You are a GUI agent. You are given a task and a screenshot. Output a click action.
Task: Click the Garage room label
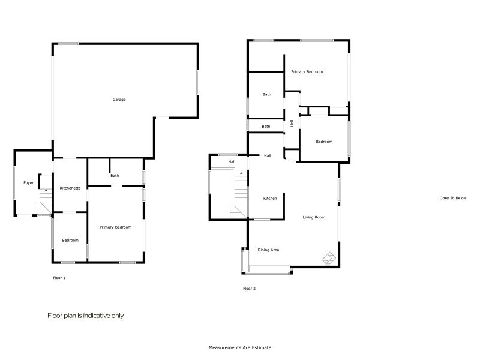click(119, 100)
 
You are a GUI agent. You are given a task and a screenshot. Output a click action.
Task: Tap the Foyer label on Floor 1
click(28, 183)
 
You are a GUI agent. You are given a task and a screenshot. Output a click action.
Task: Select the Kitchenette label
click(70, 188)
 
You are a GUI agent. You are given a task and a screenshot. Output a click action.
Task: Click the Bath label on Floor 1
click(115, 176)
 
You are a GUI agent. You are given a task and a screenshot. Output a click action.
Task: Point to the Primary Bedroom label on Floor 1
click(115, 227)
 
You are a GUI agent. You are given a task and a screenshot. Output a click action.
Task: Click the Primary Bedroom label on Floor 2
click(307, 72)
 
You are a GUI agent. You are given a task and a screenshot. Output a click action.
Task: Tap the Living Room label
click(314, 217)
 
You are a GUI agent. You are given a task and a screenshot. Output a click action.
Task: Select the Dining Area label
click(268, 250)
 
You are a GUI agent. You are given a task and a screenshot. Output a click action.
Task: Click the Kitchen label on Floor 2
click(270, 198)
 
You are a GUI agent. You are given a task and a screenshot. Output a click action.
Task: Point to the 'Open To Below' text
click(452, 198)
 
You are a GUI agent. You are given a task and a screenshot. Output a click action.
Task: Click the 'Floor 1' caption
click(59, 278)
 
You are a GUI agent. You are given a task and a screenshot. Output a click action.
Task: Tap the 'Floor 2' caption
click(249, 289)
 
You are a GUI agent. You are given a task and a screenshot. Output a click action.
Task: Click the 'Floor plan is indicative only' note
click(85, 316)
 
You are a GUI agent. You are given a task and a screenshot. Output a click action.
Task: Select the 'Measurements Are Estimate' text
click(240, 347)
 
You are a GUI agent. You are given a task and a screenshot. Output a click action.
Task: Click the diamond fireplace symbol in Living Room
click(329, 258)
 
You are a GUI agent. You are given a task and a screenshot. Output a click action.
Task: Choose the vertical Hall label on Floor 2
click(292, 123)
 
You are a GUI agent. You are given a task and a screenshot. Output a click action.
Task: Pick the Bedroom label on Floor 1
click(70, 241)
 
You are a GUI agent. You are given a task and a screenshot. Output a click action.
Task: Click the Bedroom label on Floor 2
click(324, 142)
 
